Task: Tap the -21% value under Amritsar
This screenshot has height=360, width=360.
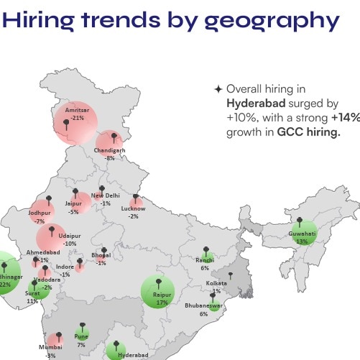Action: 77,117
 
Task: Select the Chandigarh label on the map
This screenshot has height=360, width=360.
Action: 109,150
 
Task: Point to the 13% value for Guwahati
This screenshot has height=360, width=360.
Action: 302,241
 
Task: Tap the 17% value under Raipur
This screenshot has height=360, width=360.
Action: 162,303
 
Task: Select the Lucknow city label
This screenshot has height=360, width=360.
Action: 134,208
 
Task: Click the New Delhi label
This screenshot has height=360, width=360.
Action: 106,195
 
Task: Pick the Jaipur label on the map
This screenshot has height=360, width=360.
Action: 73,205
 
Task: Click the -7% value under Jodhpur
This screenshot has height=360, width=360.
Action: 40,221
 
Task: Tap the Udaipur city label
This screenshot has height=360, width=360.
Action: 70,236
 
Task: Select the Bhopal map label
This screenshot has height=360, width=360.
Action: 101,256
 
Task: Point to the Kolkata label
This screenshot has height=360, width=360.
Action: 216,284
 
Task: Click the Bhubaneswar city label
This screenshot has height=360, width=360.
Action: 204,306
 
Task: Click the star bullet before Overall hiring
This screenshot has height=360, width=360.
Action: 218,89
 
